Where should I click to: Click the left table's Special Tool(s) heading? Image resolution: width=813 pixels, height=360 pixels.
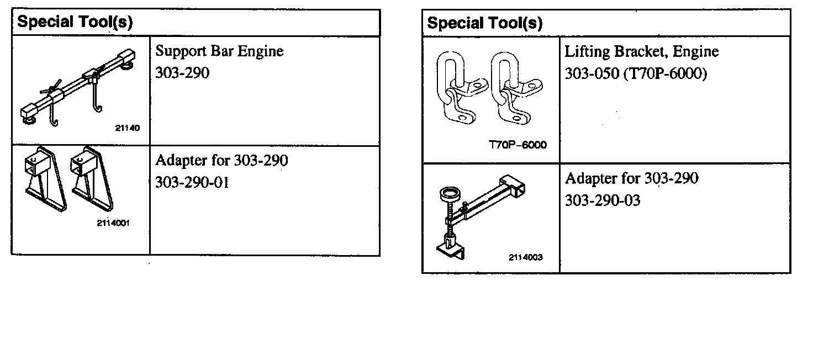75,22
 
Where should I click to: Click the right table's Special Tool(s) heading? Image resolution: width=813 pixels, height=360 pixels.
484,23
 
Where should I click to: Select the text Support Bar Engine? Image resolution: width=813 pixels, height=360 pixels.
219,51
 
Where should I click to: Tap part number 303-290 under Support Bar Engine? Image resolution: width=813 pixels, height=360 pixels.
182,73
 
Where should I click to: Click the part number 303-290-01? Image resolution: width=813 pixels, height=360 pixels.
192,182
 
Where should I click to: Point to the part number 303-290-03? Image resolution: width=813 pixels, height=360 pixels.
602,200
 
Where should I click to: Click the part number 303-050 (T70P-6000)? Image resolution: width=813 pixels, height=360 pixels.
635,73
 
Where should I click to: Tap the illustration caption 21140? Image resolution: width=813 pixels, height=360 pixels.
128,128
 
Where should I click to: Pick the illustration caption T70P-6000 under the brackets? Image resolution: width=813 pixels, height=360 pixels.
518,145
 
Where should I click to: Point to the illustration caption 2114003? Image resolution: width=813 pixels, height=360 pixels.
525,257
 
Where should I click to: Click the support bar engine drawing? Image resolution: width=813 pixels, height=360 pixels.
77,88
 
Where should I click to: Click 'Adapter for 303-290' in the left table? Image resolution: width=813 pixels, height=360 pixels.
221,161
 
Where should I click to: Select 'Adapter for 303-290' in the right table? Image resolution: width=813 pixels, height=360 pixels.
631,178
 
